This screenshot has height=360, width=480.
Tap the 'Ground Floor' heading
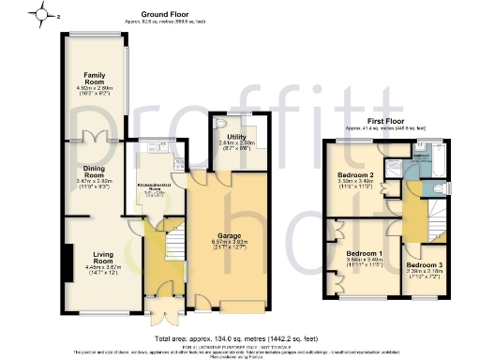click(168, 15)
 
